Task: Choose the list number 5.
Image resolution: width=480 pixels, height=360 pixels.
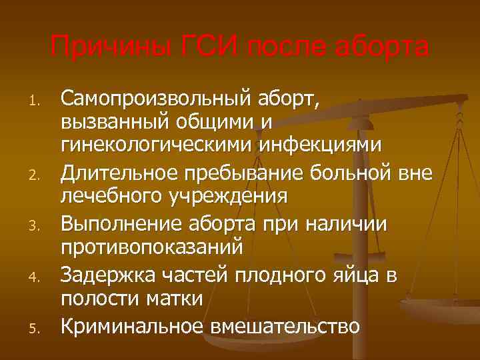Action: (x=37, y=327)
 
